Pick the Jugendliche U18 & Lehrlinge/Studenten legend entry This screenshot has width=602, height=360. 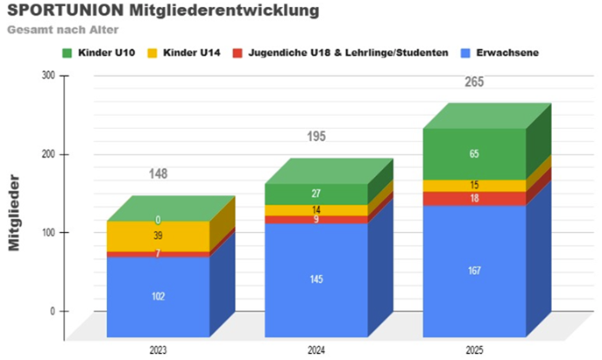[x=338, y=53]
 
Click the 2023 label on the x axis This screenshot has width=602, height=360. [x=158, y=349]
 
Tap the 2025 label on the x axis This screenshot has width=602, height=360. [x=474, y=349]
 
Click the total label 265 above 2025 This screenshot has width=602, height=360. [x=474, y=83]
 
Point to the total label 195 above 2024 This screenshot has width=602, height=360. [x=316, y=138]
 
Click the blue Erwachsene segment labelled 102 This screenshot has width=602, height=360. [x=158, y=296]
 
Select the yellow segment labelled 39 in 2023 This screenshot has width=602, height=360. [x=158, y=236]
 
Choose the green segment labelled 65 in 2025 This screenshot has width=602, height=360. [x=474, y=154]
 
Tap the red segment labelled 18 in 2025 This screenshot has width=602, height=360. [x=474, y=199]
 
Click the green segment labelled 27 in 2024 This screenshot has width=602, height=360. [x=316, y=194]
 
